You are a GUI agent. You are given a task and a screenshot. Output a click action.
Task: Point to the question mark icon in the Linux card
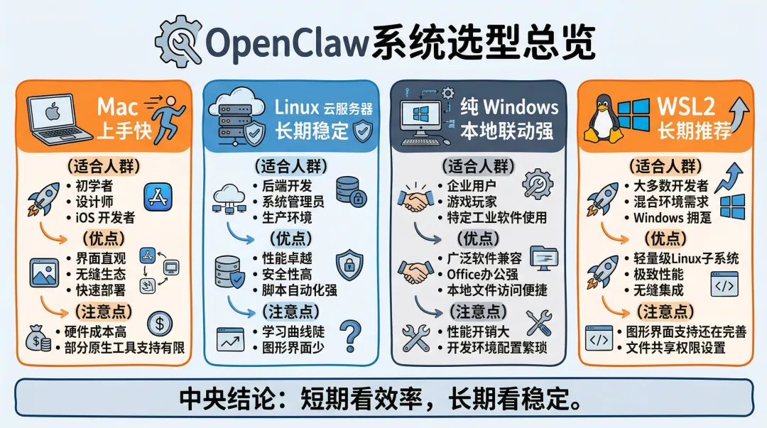[x=350, y=335]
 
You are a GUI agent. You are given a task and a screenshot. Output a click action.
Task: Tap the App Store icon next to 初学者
[x=158, y=197]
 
